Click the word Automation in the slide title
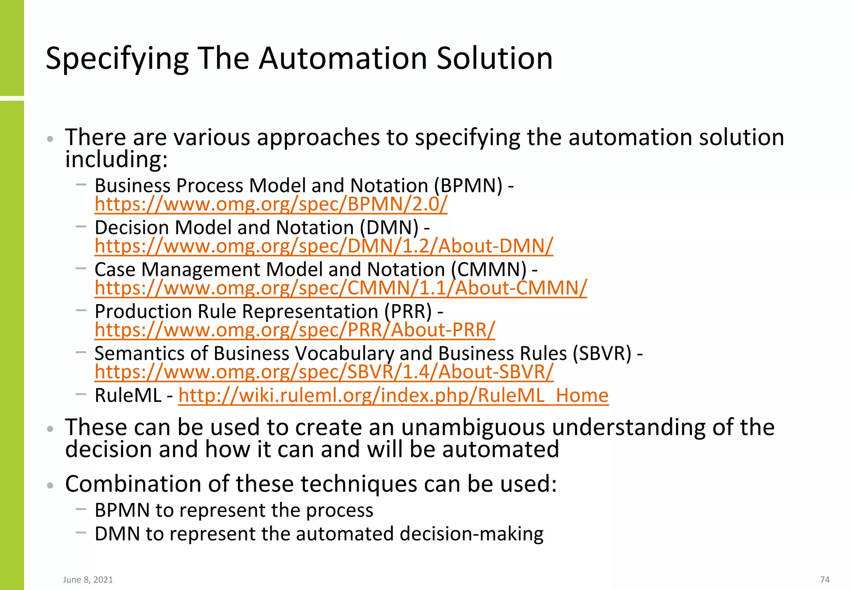click(x=344, y=58)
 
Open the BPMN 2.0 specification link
click(x=271, y=204)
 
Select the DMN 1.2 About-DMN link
click(x=324, y=246)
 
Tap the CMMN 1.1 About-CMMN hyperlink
click(x=341, y=288)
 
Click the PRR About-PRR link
click(x=295, y=330)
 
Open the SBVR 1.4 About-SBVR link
click(x=324, y=372)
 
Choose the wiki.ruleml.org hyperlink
click(x=393, y=395)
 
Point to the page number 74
click(x=825, y=580)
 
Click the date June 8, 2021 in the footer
click(x=88, y=580)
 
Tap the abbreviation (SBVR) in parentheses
click(x=602, y=354)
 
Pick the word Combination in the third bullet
click(x=133, y=484)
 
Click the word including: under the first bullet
click(x=116, y=159)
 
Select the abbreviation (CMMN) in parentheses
click(x=489, y=270)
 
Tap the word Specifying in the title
click(x=117, y=58)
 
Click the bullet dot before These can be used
click(x=50, y=429)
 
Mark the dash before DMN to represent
click(x=81, y=532)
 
